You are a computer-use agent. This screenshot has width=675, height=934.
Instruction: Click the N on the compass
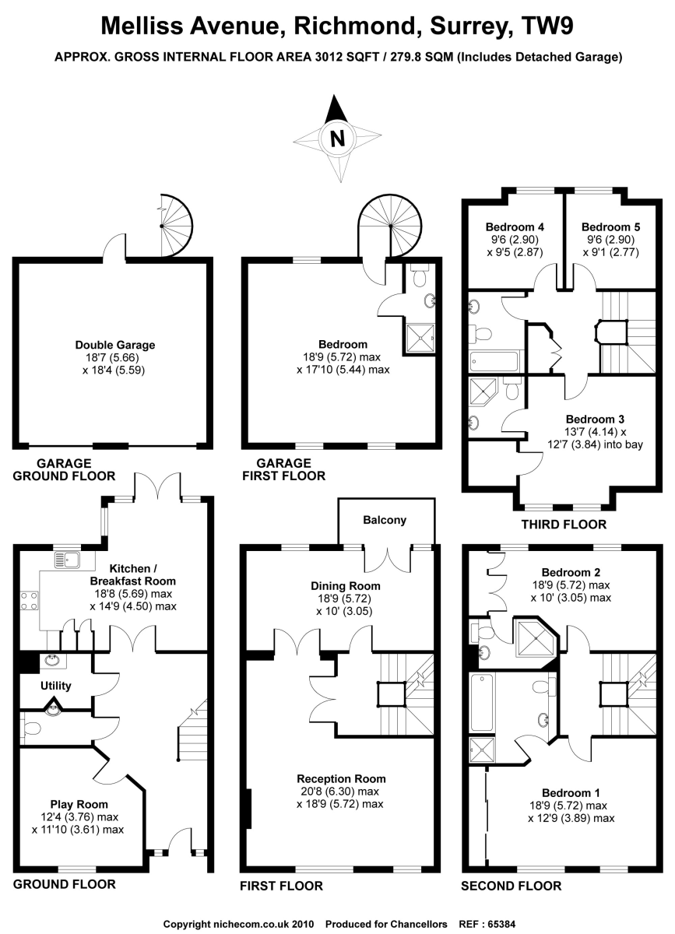[x=337, y=139]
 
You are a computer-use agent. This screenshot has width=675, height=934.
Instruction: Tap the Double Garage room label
[x=115, y=345]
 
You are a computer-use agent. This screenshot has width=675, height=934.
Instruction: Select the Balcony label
[x=385, y=520]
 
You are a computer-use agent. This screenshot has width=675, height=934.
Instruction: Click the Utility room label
[x=56, y=686]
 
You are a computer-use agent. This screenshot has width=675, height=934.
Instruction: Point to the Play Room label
[x=79, y=804]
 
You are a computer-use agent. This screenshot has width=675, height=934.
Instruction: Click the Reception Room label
[x=341, y=778]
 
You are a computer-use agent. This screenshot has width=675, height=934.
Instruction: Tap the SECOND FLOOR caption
[x=511, y=886]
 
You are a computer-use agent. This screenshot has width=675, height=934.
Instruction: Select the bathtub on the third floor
[x=494, y=361]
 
